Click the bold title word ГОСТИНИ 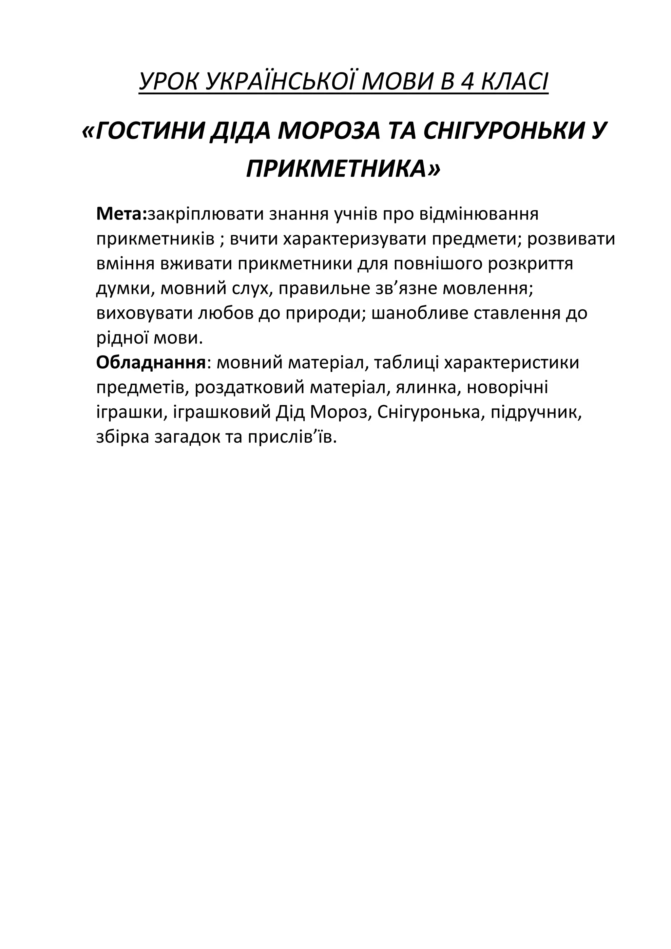151,132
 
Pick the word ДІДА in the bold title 241,132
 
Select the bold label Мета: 122,214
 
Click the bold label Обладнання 151,363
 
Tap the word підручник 536,413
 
